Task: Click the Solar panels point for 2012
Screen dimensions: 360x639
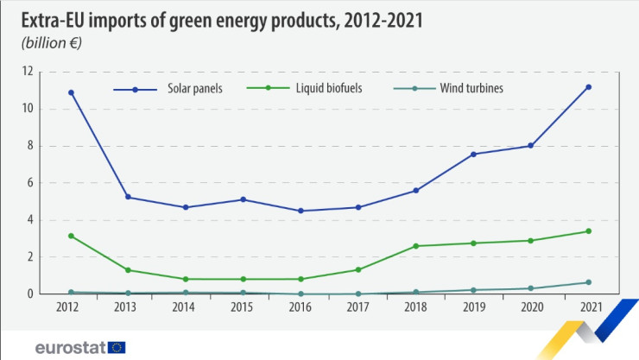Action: tap(71, 92)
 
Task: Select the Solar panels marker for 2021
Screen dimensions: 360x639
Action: tap(588, 86)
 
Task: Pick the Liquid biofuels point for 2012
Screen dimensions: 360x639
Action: tap(71, 236)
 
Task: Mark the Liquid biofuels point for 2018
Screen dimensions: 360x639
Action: tap(416, 246)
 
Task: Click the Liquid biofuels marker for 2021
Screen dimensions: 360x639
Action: tap(588, 231)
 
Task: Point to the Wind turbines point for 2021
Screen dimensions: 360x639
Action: tap(588, 282)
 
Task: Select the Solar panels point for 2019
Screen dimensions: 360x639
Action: tap(473, 154)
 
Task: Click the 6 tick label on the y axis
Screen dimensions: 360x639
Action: tap(54, 183)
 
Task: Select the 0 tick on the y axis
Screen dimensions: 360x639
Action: tap(54, 294)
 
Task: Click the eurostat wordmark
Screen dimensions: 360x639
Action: tap(69, 348)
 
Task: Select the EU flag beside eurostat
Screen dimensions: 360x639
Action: tap(117, 348)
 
